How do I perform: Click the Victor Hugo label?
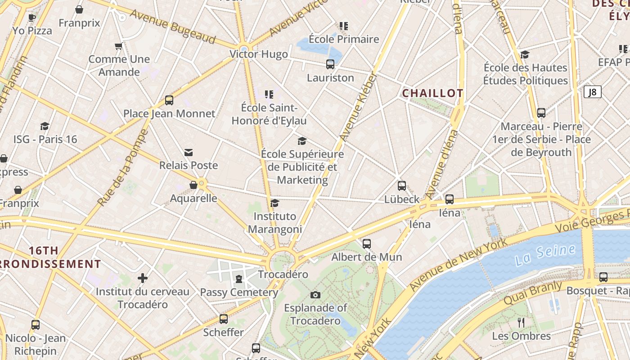(259, 54)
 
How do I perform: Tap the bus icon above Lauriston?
(330, 64)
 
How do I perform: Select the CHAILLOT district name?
(432, 93)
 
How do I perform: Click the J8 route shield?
(592, 92)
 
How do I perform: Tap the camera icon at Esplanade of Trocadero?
(315, 295)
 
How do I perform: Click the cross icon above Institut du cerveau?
(143, 278)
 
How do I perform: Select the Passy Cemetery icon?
(238, 279)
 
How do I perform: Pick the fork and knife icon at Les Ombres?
(521, 323)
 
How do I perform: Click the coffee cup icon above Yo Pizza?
(31, 18)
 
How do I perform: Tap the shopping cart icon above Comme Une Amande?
(119, 46)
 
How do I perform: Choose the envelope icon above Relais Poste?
(189, 153)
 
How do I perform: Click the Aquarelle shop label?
(193, 198)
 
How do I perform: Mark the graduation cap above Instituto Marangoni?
(274, 203)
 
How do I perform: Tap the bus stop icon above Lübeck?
(402, 186)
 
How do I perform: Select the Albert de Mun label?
(367, 257)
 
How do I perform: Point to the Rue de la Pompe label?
(123, 167)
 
